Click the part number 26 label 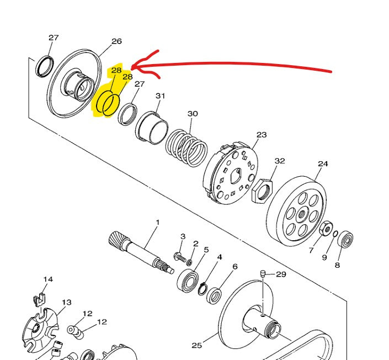116,41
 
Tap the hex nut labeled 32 262,190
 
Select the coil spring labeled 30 186,148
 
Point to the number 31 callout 160,96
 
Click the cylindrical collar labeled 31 152,128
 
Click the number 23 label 262,135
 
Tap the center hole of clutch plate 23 236,176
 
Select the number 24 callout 323,164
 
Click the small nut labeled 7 326,228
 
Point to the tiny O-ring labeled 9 335,234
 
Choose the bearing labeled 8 345,239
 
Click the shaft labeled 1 141,252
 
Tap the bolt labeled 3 180,257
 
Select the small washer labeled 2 189,262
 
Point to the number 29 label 281,274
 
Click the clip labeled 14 39,299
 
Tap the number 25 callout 197,345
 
